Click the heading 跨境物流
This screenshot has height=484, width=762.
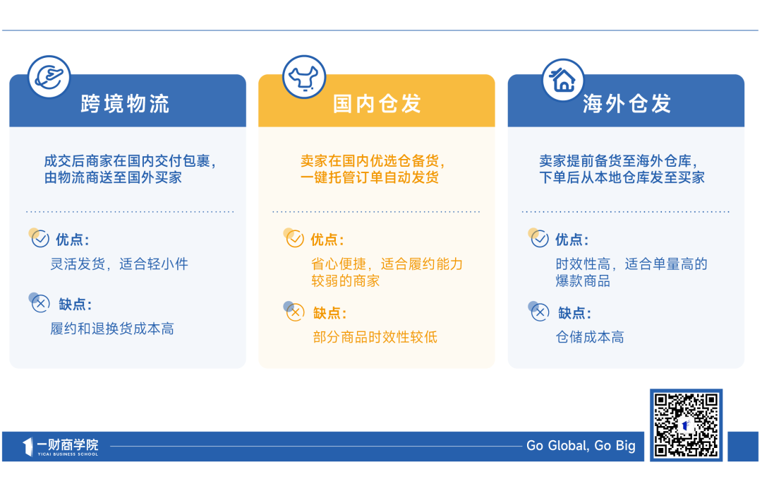point(125,104)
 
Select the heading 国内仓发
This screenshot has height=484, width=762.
point(377,104)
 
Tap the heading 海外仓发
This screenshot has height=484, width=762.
point(627,104)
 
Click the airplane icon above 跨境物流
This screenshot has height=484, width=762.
point(49,77)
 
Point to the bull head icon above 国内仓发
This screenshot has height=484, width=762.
point(303,77)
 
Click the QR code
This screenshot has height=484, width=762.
point(686,425)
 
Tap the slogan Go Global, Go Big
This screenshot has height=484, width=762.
point(581,446)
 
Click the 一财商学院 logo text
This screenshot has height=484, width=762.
point(68,444)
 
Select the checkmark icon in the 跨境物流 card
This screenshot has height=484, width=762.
point(40,238)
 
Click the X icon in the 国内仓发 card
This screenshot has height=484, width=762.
point(294,312)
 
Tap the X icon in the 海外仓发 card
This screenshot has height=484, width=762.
point(539,312)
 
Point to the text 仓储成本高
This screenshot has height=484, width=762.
point(590,337)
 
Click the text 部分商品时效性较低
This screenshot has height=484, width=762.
point(375,337)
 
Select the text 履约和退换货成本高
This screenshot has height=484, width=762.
point(112,329)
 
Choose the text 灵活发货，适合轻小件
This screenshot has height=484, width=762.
point(119,264)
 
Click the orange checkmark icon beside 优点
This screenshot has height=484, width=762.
point(294,238)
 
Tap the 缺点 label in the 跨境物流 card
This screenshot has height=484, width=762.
point(75,305)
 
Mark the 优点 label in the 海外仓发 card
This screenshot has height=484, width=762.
point(572,240)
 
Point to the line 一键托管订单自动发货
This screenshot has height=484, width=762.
point(369,177)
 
